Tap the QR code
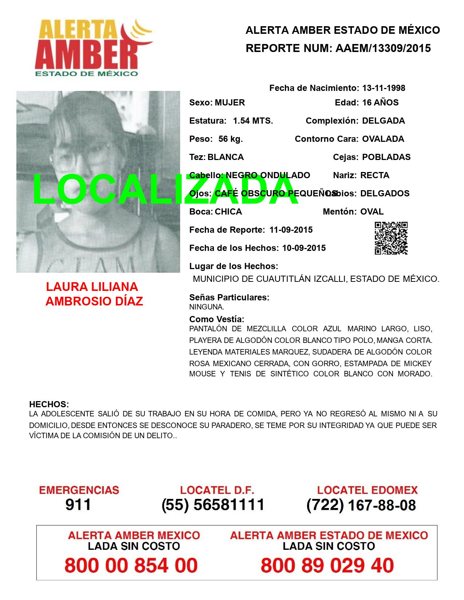coord(391,238)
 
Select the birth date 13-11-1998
coord(384,88)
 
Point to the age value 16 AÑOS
coord(380,103)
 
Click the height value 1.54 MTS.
coord(253,121)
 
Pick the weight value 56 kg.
coord(230,139)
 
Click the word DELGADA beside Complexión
coord(383,121)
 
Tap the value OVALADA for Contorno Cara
coord(383,139)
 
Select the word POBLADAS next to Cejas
coord(386,157)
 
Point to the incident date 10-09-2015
coord(304,248)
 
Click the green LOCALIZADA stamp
coord(166,190)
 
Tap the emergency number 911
coord(78,505)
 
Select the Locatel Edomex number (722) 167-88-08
coord(361,505)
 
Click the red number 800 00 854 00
coord(131,565)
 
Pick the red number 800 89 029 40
coord(327,565)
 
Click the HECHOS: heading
coord(49,404)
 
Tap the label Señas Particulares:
coord(229,297)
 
